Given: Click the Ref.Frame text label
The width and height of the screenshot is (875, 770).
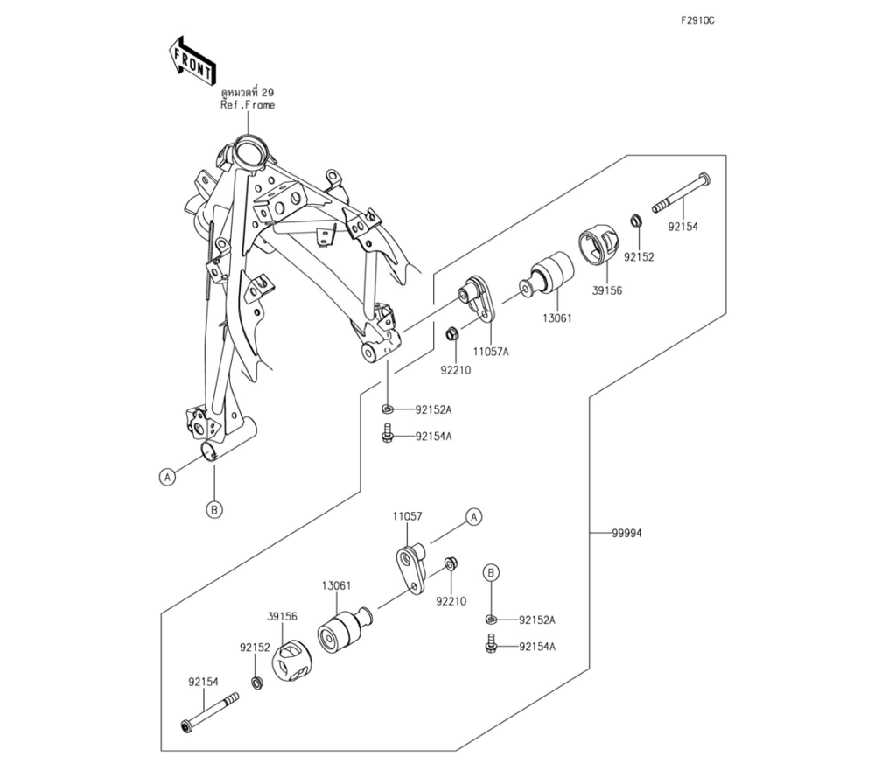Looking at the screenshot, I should tap(248, 104).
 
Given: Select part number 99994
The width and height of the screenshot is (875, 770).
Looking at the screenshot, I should tap(626, 532).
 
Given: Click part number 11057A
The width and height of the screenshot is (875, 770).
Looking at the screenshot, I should tap(491, 351).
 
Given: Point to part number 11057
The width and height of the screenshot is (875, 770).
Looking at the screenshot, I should tap(407, 516).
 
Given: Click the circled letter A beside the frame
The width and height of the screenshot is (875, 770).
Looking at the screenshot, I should tap(166, 476).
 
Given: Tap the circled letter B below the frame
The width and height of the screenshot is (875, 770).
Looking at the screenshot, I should tap(214, 509).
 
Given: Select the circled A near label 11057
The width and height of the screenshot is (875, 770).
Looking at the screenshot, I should tap(473, 517).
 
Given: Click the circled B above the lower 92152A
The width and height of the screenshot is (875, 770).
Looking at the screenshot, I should tap(492, 572).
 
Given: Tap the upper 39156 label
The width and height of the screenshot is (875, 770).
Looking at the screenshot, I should tap(606, 290).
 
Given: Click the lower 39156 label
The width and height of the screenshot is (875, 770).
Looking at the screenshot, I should tap(283, 616).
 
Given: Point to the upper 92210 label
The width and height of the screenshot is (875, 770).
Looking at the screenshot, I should tap(454, 369).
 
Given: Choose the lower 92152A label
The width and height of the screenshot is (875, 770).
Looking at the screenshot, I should tap(536, 619).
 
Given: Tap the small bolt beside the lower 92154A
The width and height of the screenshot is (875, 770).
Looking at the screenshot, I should tap(491, 646).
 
